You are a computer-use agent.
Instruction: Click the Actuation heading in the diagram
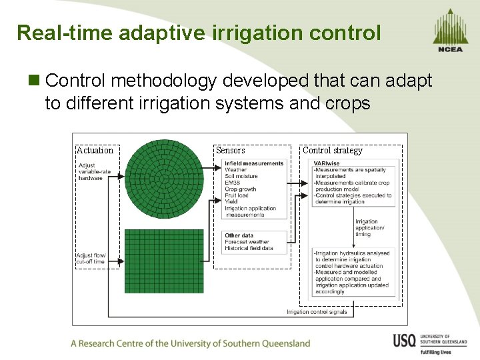pos(95,151)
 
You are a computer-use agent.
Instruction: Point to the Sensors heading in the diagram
pos(231,151)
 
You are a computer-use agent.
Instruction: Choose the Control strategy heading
pos(333,151)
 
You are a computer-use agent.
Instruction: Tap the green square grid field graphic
pos(164,261)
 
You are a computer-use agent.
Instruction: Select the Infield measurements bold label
pos(254,163)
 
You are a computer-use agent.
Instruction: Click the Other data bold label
pos(239,235)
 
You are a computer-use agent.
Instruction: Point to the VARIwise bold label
pos(327,163)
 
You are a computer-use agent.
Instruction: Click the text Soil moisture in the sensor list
pos(241,177)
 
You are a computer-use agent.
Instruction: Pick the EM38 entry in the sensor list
pos(233,183)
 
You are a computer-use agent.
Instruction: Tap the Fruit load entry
pos(237,195)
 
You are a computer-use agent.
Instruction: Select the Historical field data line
pos(249,248)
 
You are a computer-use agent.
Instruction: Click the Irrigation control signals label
pos(317,312)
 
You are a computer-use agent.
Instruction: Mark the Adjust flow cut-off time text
pos(91,259)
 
